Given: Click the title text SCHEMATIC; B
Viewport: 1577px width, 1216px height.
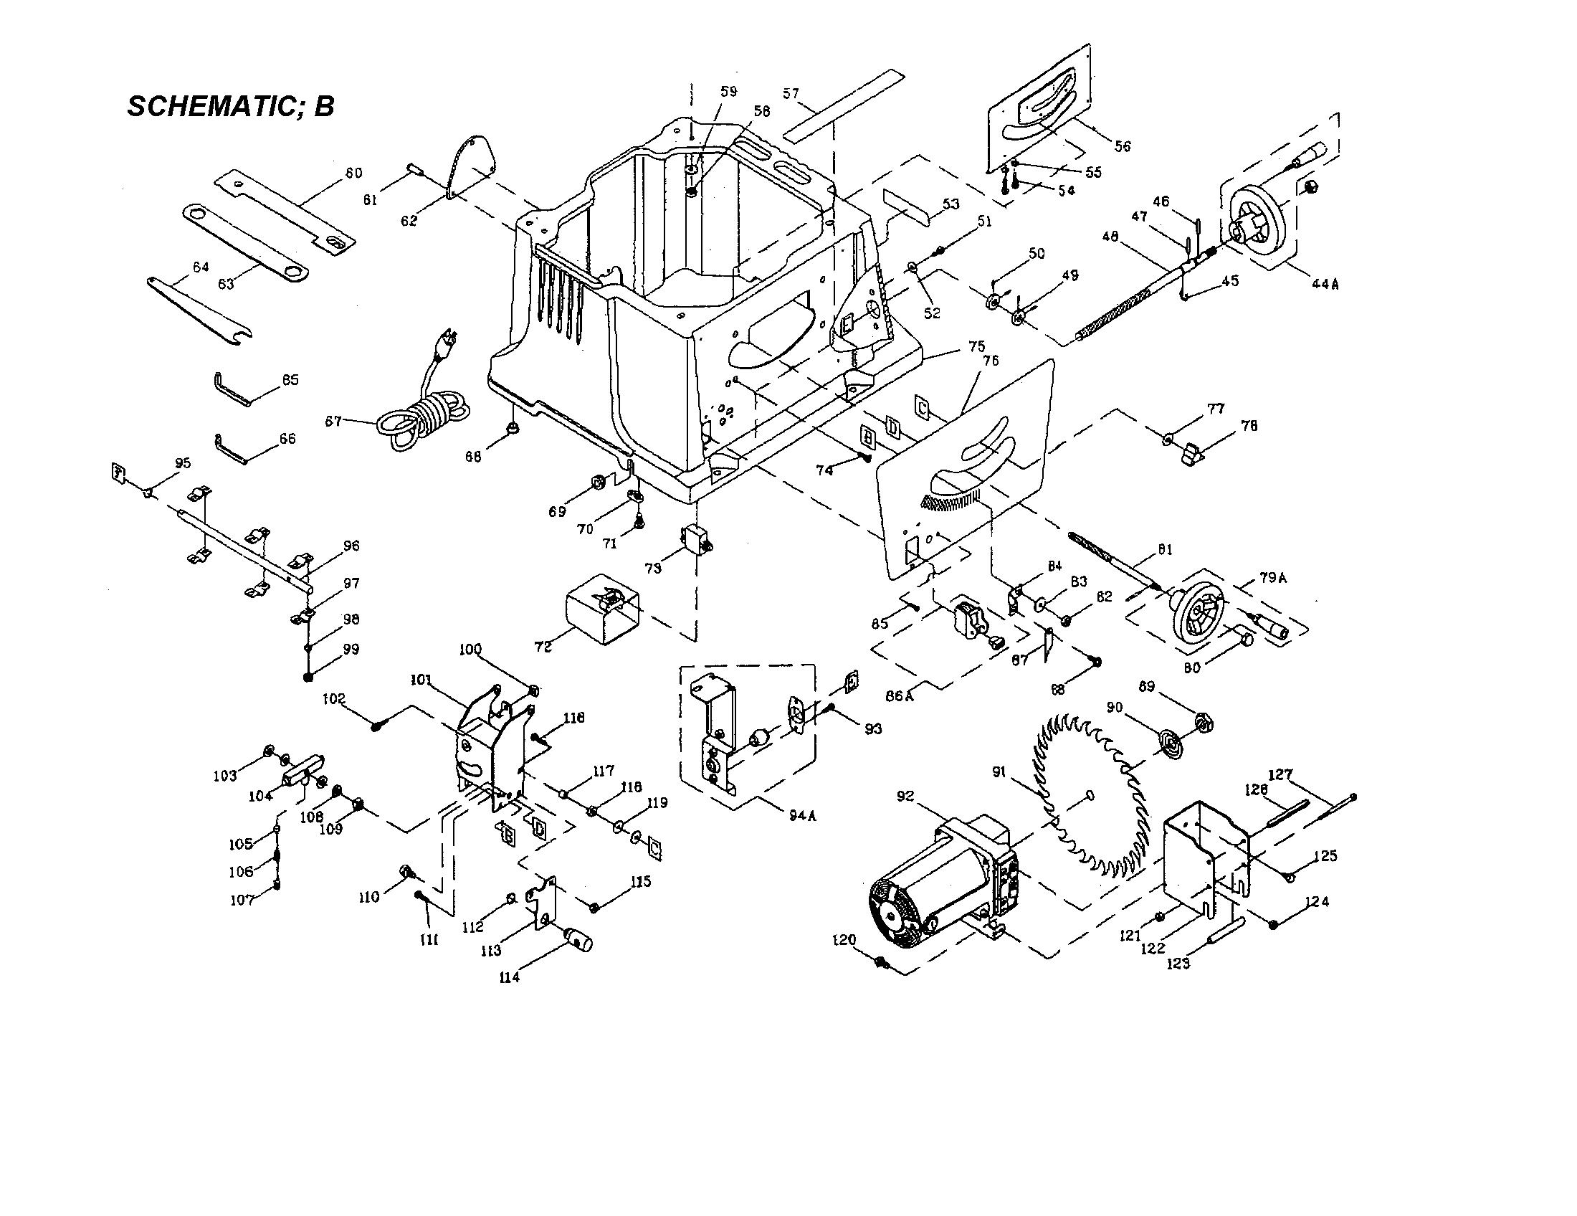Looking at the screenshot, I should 230,106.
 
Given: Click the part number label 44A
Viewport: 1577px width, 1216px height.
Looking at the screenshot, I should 1325,284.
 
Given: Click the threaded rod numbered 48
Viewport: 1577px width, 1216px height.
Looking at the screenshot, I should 1126,303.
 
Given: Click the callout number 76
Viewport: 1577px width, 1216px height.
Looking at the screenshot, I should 991,361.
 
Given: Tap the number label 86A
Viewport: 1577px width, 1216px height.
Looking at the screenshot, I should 900,696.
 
